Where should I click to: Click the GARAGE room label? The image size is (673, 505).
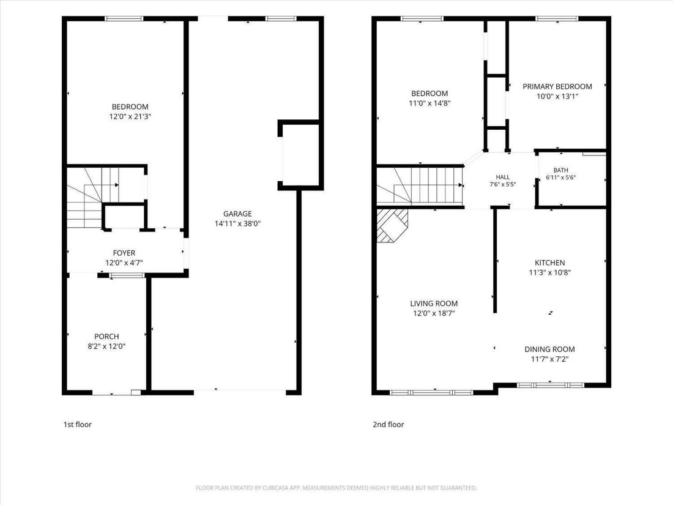237,214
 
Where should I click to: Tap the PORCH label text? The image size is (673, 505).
106,337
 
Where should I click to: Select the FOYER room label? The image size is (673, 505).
124,253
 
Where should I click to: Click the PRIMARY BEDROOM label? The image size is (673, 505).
557,87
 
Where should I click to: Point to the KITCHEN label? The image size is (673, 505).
550,263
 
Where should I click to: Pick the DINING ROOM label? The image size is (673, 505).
549,350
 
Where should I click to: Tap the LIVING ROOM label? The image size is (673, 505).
434,304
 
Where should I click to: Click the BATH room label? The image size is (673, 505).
560,171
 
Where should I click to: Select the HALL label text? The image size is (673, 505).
502,178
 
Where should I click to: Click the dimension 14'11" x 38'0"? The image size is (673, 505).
238,223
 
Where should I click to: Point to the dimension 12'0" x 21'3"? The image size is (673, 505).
130,117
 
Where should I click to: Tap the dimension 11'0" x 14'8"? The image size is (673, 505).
429,103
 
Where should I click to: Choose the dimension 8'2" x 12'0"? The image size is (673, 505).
106,346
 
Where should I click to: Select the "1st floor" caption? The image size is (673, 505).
78,425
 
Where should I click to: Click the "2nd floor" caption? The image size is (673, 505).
389,425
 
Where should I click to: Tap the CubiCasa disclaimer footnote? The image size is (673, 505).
336,488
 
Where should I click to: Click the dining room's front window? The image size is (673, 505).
550,385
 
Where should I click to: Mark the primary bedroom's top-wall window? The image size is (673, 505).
557,18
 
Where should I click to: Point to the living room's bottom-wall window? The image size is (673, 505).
431,392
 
